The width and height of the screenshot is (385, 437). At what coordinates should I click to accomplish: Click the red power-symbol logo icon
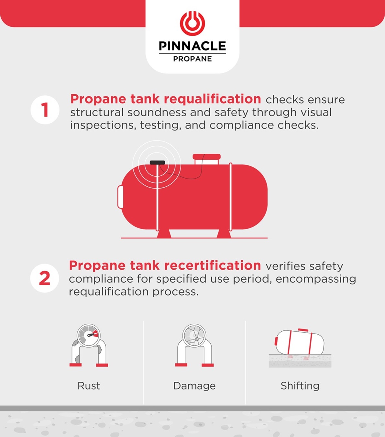(192, 23)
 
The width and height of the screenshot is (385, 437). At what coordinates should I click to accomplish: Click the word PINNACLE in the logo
(192, 46)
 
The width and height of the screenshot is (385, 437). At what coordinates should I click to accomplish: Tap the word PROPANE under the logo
(192, 59)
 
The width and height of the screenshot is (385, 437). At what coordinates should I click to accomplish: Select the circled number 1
(45, 110)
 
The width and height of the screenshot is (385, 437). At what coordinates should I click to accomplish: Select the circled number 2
(45, 278)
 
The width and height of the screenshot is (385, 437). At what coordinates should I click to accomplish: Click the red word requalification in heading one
(210, 99)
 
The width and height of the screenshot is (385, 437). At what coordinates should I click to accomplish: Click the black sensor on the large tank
(157, 162)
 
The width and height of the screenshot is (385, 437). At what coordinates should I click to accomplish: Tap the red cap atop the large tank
(207, 157)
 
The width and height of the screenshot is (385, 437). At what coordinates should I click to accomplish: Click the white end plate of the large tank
(120, 197)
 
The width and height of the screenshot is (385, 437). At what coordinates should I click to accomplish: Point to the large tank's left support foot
(164, 233)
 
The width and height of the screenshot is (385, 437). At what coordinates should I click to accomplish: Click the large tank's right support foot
(224, 233)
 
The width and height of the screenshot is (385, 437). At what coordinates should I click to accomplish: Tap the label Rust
(89, 386)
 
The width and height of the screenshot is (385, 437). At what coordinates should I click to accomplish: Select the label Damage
(194, 386)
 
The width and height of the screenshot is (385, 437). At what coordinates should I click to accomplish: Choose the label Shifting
(300, 386)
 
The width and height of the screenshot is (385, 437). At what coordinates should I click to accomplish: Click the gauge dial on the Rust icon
(89, 336)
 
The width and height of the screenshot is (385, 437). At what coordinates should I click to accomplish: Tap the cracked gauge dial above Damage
(194, 335)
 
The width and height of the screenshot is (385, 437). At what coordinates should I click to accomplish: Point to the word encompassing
(315, 279)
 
